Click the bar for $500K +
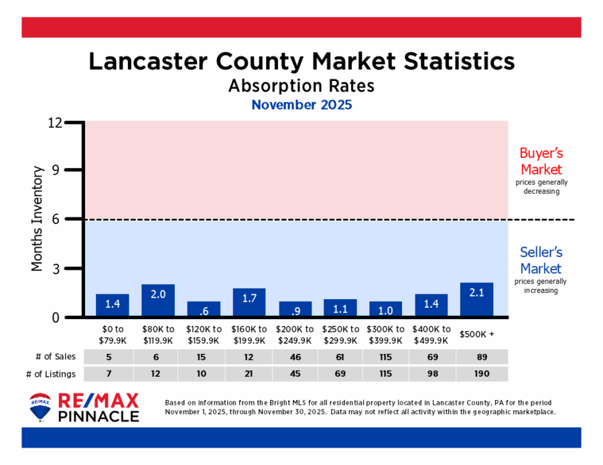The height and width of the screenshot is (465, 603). click(x=476, y=299)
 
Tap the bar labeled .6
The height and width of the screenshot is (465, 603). click(x=204, y=308)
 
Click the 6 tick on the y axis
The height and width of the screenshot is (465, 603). click(x=58, y=219)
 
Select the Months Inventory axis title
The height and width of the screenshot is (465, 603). click(x=38, y=219)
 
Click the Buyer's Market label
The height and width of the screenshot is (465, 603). click(x=541, y=161)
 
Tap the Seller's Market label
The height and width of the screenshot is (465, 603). click(x=541, y=260)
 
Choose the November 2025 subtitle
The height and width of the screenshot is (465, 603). click(x=301, y=105)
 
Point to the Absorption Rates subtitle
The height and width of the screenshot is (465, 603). click(x=301, y=86)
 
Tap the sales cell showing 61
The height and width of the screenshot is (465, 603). click(x=340, y=357)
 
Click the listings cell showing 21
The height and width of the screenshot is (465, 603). click(x=249, y=373)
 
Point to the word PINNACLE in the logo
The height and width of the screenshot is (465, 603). click(x=99, y=416)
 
